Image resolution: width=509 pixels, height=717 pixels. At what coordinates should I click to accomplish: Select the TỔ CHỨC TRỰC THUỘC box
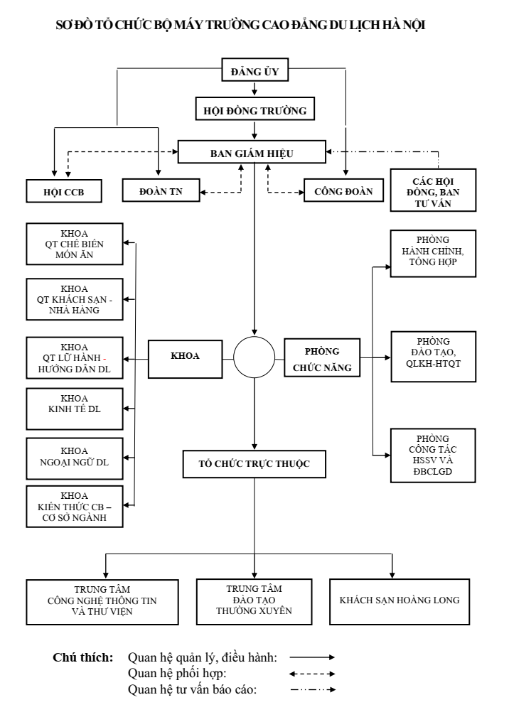(x=254, y=463)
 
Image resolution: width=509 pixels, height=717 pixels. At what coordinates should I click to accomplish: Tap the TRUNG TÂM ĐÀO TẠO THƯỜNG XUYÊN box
(x=254, y=601)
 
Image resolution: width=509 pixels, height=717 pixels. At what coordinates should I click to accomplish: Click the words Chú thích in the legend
(x=83, y=657)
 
